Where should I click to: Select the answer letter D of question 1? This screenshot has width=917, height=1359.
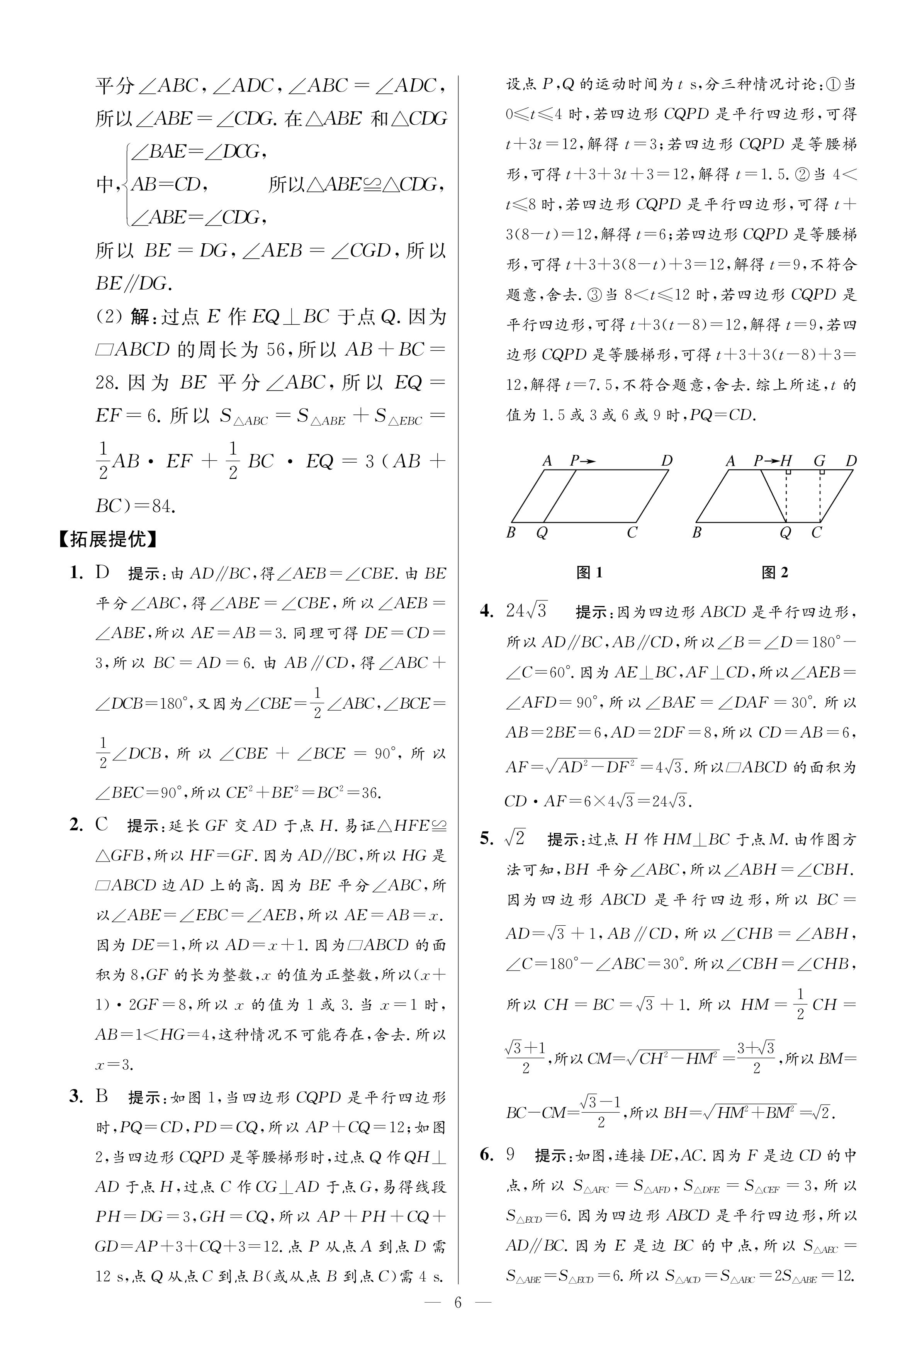tap(103, 572)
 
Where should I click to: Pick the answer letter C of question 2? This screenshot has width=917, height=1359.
tap(102, 825)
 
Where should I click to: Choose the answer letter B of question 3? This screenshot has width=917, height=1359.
tap(102, 1096)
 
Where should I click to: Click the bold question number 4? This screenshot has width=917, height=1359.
tap(487, 611)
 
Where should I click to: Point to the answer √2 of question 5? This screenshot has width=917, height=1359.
tap(515, 839)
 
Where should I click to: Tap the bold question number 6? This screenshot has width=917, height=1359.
tap(487, 1154)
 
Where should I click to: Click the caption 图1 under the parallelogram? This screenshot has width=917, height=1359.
tap(589, 573)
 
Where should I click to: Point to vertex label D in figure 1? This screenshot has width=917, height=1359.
tap(667, 461)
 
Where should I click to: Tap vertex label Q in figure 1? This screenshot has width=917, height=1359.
tap(542, 533)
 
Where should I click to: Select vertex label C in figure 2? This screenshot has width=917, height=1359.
tap(817, 533)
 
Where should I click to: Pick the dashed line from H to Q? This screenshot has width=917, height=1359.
tap(786, 497)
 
